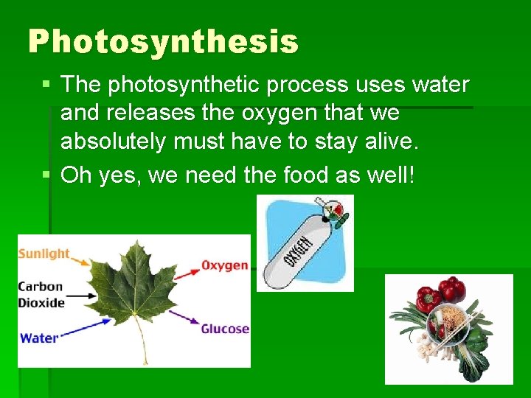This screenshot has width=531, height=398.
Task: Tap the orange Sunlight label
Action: tap(44, 254)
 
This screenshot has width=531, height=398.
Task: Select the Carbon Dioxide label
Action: tap(41, 294)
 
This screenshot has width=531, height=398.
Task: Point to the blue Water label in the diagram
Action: tap(38, 338)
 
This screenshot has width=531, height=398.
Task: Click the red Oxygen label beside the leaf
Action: tap(224, 265)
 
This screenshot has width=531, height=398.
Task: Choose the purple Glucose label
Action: tap(225, 329)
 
